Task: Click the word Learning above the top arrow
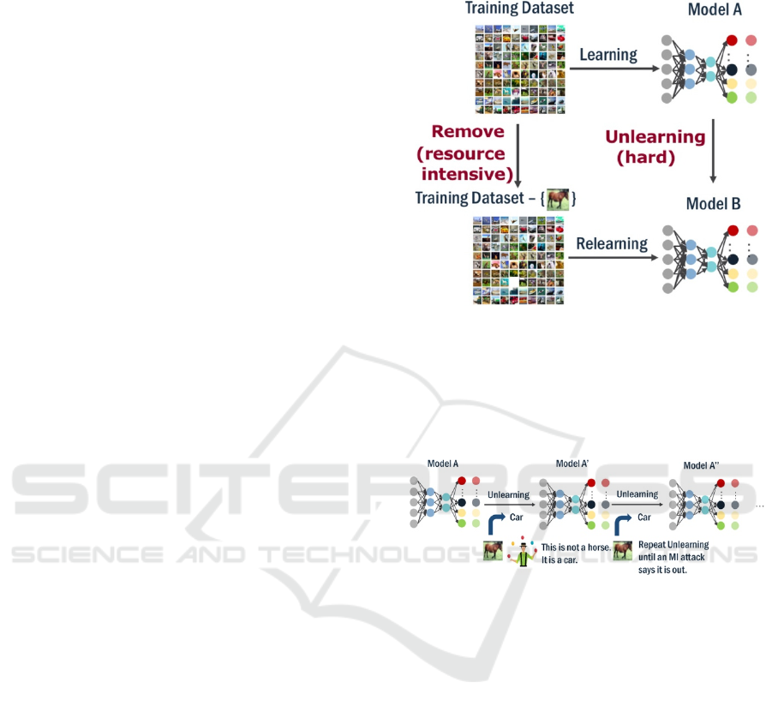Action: click(x=608, y=55)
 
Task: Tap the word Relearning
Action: click(x=612, y=243)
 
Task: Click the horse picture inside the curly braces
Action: click(x=559, y=200)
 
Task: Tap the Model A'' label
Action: click(x=701, y=465)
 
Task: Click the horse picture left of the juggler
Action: click(x=492, y=551)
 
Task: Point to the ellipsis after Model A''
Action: click(x=759, y=506)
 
